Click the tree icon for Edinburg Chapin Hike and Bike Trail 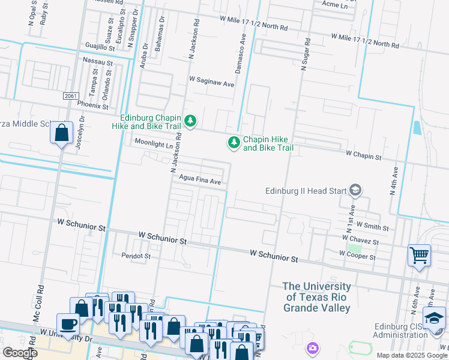(190, 122)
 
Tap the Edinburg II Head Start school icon (355, 191)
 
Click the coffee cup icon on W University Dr (68, 325)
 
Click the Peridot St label (136, 256)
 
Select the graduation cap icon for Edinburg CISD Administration (435, 318)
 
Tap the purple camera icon (312, 347)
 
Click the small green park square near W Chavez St (355, 248)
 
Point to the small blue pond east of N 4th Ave (417, 128)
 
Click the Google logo (20, 353)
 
